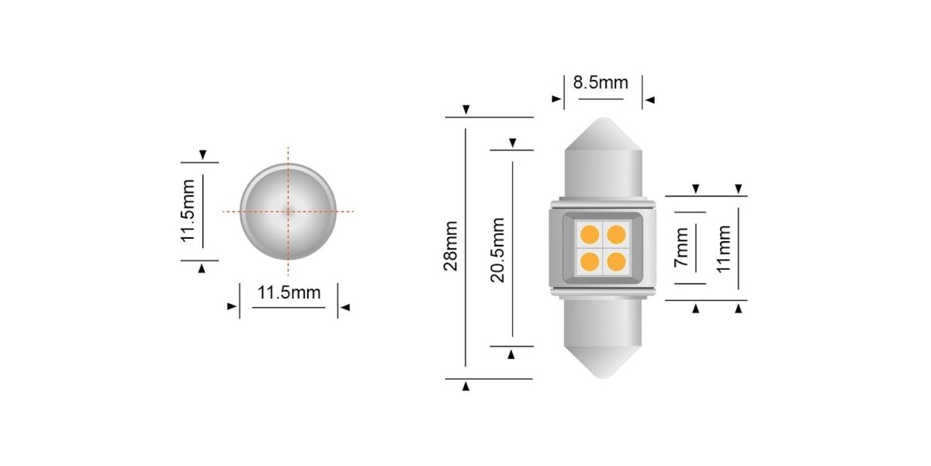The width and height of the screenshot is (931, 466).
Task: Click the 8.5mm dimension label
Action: [x=600, y=83]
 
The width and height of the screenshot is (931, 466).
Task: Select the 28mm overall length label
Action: [x=451, y=246]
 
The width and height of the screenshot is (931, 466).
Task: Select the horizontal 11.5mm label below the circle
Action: [x=289, y=293]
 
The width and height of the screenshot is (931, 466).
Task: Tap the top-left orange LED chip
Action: [x=588, y=233]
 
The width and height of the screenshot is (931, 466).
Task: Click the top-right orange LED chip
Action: [x=616, y=233]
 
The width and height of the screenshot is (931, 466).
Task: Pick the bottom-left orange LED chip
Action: [x=588, y=261]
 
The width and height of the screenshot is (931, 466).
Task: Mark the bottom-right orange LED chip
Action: [x=616, y=261]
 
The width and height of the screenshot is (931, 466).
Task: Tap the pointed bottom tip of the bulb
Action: [x=603, y=378]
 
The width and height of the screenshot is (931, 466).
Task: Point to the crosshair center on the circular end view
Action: [x=288, y=211]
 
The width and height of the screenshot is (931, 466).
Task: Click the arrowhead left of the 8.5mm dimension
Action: [x=555, y=99]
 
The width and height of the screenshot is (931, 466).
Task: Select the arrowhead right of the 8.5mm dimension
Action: [x=650, y=99]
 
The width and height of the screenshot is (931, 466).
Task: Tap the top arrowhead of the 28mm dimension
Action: [x=465, y=110]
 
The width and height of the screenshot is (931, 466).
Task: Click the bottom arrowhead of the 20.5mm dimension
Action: [x=511, y=354]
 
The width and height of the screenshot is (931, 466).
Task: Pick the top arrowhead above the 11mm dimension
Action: [x=739, y=188]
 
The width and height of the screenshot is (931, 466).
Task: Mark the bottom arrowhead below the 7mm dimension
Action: [x=696, y=309]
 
